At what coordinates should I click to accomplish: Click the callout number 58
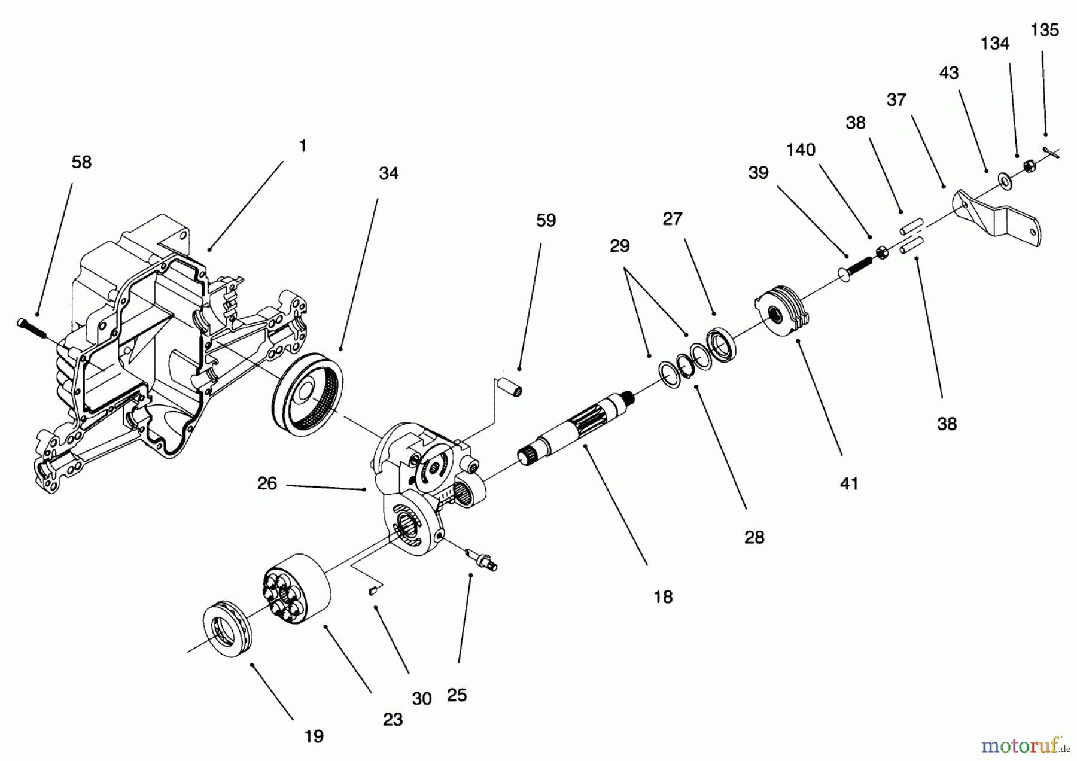coord(81,162)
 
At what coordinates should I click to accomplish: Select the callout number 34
coord(388,173)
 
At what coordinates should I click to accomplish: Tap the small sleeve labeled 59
coord(512,384)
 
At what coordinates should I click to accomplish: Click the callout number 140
coord(801,150)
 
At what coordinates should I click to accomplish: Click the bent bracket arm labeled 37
coord(996,218)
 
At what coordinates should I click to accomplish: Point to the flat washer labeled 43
coord(1002,179)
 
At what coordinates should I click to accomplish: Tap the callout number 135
coord(1045,30)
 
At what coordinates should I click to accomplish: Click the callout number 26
coord(267,483)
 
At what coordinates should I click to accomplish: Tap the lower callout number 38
coord(947,424)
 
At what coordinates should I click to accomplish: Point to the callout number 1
coord(303,145)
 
